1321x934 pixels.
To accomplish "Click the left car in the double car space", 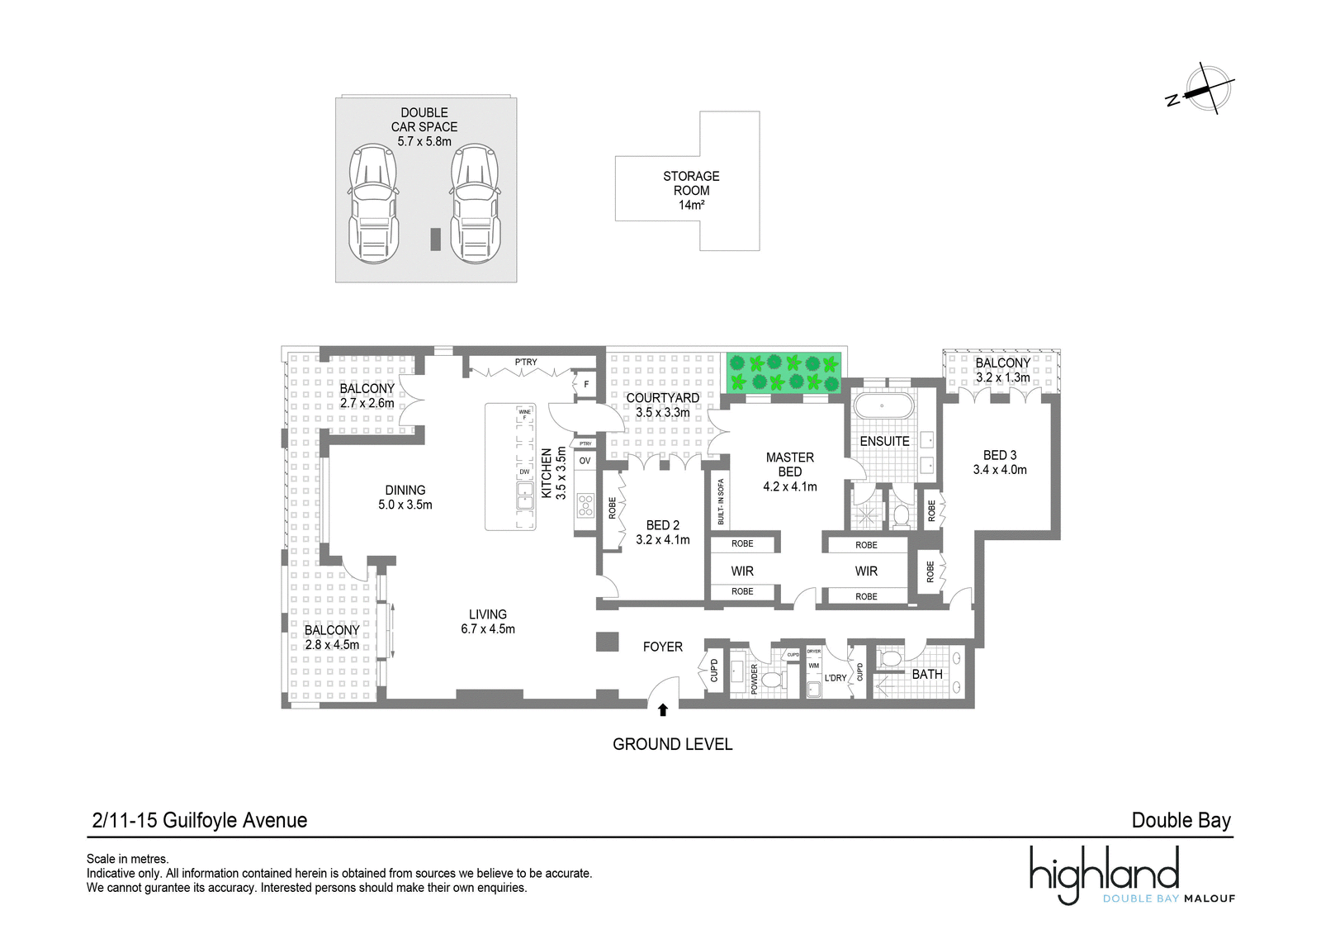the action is click(x=373, y=203).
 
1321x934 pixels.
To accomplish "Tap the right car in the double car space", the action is click(x=476, y=203).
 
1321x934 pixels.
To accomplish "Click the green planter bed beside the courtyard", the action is click(x=784, y=372).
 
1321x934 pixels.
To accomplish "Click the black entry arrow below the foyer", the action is click(x=663, y=710).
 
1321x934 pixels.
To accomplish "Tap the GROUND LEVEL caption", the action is click(x=672, y=745).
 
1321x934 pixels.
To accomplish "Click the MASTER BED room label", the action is click(x=789, y=465).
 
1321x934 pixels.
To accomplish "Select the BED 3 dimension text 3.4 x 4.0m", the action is click(x=1000, y=470).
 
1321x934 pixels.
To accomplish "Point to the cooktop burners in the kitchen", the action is click(x=585, y=505).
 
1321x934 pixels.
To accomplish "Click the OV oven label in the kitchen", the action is click(x=585, y=461).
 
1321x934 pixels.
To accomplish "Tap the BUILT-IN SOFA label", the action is click(x=721, y=501).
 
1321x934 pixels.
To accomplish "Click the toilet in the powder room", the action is click(x=773, y=680).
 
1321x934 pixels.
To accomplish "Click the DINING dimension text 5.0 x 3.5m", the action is click(x=405, y=505).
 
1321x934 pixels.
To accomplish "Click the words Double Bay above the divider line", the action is click(x=1181, y=821).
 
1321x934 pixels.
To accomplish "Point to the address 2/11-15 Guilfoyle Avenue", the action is click(x=200, y=821).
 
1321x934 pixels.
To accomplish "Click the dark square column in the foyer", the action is click(x=607, y=642).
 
